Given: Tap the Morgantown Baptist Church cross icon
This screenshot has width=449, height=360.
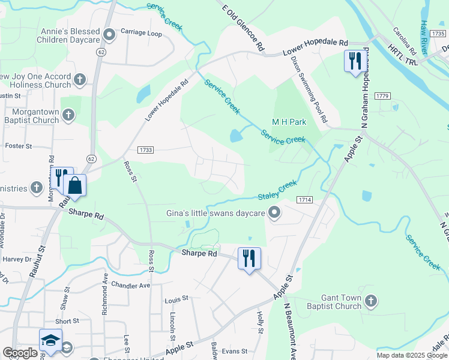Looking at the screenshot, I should (x=69, y=114).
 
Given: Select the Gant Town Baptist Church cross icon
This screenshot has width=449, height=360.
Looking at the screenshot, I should (x=371, y=301).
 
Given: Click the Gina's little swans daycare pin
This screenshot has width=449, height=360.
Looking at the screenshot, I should (x=274, y=213).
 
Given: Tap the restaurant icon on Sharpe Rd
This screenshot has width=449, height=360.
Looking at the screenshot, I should (x=249, y=259).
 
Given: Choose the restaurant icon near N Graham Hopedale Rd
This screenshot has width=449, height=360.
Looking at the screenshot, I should (x=354, y=61).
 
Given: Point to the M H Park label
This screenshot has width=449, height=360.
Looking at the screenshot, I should (x=289, y=122).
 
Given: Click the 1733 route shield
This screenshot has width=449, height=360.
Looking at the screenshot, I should (x=145, y=149).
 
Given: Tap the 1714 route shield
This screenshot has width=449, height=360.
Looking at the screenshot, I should (x=305, y=199).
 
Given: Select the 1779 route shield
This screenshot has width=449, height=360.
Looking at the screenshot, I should (x=382, y=96).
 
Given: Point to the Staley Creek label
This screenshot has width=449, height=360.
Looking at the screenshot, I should (x=277, y=191).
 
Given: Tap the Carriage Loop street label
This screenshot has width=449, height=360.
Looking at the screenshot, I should (x=141, y=34).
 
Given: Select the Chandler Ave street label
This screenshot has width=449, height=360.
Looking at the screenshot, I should (x=131, y=286).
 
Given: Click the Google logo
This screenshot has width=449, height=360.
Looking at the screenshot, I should (x=20, y=353).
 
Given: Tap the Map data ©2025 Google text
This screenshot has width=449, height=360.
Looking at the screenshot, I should (x=411, y=355).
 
